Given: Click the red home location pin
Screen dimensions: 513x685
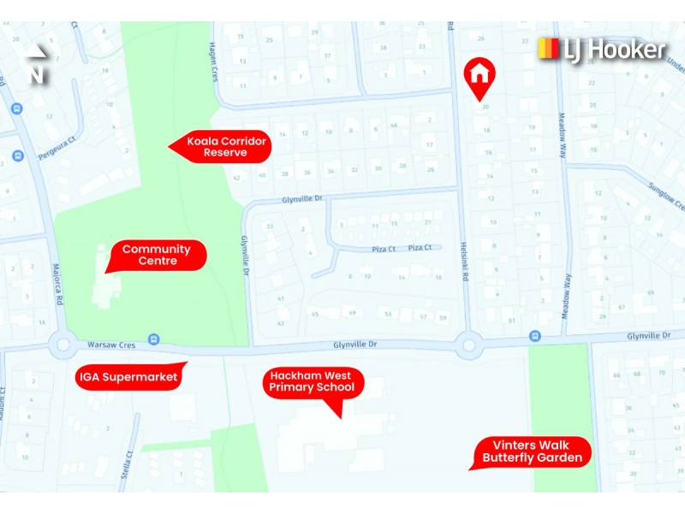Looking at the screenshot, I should pyautogui.click(x=480, y=74).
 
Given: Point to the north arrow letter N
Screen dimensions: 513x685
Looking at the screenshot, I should pyautogui.click(x=36, y=75).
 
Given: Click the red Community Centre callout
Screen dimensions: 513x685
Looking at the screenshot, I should pyautogui.click(x=156, y=255).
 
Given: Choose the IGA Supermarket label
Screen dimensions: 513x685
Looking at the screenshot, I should pyautogui.click(x=128, y=376).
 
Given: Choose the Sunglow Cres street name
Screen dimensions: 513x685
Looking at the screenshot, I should pyautogui.click(x=667, y=196).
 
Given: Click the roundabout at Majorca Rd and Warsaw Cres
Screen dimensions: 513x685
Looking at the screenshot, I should pyautogui.click(x=63, y=346).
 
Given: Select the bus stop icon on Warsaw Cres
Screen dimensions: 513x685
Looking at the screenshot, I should pyautogui.click(x=153, y=339).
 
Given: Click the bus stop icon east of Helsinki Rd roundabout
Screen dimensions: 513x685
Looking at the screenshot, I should pyautogui.click(x=534, y=337).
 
